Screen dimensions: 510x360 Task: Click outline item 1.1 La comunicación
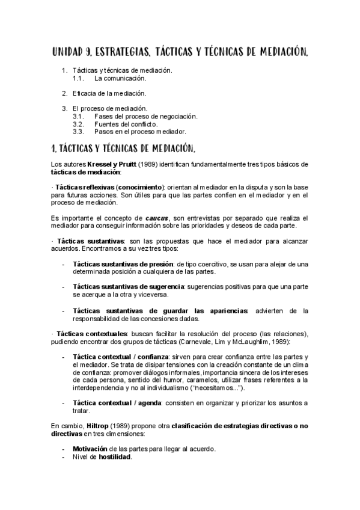coord(120,78)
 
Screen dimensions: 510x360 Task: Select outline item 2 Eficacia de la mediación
coord(109,93)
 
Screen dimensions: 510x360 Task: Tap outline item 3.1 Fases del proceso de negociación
coord(146,116)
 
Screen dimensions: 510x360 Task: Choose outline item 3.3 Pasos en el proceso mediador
coord(140,131)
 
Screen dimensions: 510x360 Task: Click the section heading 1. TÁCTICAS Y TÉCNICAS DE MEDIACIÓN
coord(132,147)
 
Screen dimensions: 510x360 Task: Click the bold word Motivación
coord(90,449)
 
